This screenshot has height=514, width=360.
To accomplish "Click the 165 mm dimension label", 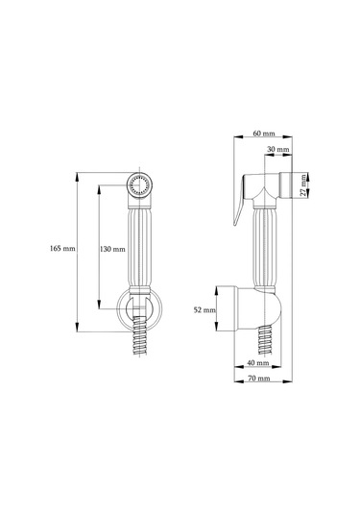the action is click(x=62, y=249).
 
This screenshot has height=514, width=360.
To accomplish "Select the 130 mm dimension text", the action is click(x=112, y=249).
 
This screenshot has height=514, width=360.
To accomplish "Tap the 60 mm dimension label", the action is click(x=264, y=134).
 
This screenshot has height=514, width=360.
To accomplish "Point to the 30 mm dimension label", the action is click(x=278, y=149).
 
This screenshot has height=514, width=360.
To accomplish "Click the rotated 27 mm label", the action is click(x=304, y=185).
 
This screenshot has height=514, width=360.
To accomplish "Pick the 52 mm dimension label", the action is click(x=204, y=309).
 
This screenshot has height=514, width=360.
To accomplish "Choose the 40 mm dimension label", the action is click(x=258, y=363).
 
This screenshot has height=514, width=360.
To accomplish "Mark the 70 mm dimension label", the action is click(x=259, y=379).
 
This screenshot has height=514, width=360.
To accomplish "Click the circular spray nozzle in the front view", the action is click(x=139, y=184).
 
